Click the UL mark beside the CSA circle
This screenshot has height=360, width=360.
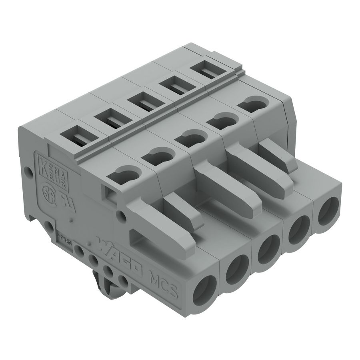click(64, 199)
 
